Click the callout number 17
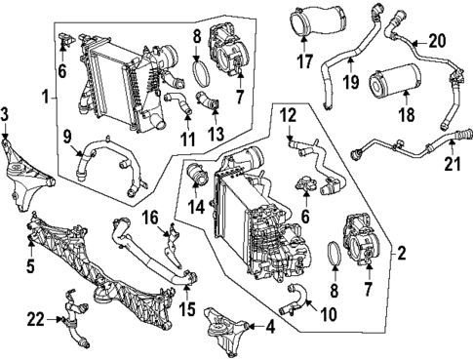(x=304, y=60)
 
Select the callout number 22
(x=35, y=320)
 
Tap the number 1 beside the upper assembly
(x=47, y=97)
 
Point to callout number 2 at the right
(x=401, y=253)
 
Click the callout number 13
(x=217, y=134)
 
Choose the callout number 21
(x=453, y=164)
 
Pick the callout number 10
(x=329, y=314)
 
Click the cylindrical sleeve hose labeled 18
(x=395, y=80)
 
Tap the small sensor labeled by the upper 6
(x=66, y=40)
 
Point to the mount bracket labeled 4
(x=224, y=330)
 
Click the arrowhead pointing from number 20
(x=413, y=42)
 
